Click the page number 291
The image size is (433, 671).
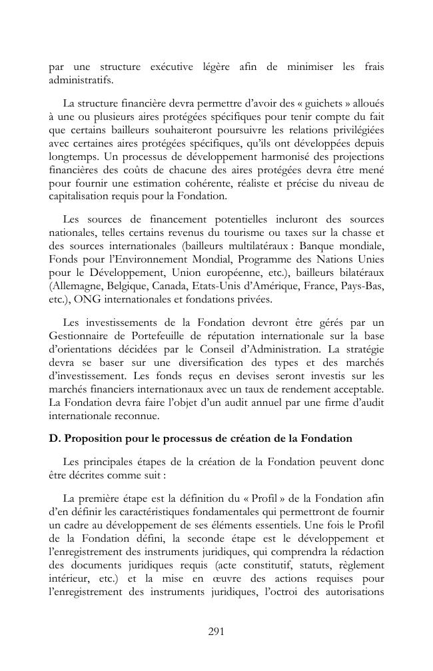pos(216,632)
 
